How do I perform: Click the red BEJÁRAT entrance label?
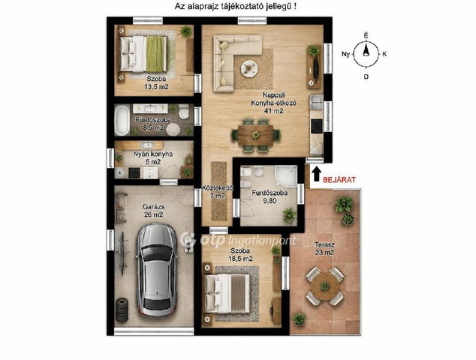(339, 179)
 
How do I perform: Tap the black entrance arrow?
(316, 175)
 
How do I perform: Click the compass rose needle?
(366, 50)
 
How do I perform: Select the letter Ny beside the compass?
(345, 55)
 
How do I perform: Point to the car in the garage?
(157, 270)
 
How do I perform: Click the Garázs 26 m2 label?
(153, 211)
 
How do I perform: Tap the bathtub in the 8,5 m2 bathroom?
(122, 120)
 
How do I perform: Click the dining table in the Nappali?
(255, 135)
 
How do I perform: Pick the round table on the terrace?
(325, 286)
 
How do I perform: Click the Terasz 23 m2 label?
(324, 248)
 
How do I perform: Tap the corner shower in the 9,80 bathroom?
(285, 177)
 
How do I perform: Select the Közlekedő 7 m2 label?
(218, 192)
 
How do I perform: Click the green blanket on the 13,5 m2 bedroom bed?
(155, 54)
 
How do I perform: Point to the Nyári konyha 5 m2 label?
(153, 157)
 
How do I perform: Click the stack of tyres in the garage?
(122, 310)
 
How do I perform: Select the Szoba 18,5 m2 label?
(240, 255)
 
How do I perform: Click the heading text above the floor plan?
(236, 7)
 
